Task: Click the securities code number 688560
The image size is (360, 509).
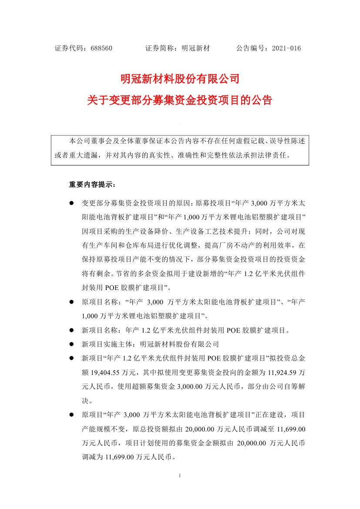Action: click(x=102, y=48)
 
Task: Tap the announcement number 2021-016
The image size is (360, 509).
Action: click(x=286, y=48)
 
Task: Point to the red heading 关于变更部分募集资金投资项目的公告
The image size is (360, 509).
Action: click(x=180, y=101)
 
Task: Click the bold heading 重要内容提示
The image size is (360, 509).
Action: click(x=92, y=185)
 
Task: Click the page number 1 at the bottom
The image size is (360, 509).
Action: click(x=180, y=475)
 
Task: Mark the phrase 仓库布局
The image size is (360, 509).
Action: click(x=152, y=245)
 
